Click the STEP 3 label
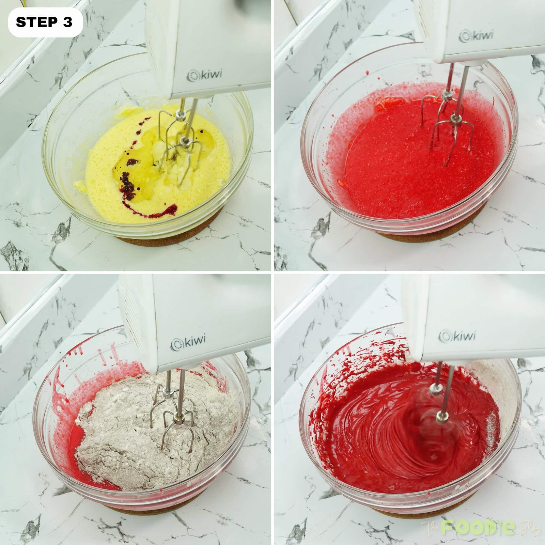click(44, 22)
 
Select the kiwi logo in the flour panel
click(188, 343)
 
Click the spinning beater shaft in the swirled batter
click(439, 402)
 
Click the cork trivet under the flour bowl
click(143, 511)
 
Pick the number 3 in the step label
click(67, 22)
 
